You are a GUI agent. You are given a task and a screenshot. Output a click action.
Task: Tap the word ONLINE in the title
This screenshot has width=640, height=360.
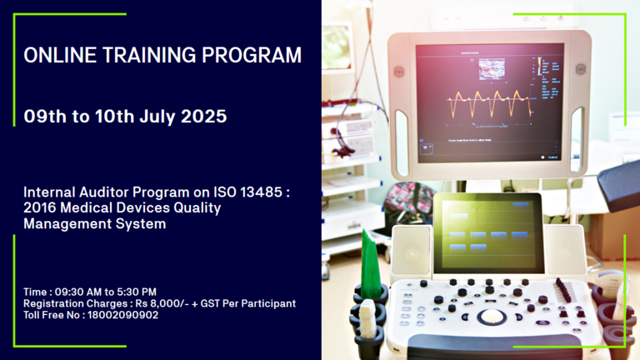(x=60, y=55)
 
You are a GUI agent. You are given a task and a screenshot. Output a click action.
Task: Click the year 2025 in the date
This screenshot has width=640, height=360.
(x=203, y=117)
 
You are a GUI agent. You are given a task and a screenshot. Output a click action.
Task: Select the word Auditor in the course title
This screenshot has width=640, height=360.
(x=104, y=192)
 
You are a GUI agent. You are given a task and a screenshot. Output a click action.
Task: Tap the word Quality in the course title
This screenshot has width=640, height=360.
(x=197, y=208)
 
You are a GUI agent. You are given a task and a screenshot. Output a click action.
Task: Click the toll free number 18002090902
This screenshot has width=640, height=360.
(x=122, y=315)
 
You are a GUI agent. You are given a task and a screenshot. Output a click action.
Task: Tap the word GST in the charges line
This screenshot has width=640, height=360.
(x=210, y=303)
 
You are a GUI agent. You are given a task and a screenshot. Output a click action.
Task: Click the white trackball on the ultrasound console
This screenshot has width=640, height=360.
(x=492, y=316)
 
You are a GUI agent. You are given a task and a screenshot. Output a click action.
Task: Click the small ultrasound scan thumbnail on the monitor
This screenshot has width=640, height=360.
(x=492, y=68)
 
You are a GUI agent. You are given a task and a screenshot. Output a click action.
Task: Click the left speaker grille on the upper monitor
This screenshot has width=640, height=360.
(x=399, y=72)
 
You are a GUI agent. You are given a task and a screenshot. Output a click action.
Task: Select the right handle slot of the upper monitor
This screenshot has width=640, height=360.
(x=577, y=139)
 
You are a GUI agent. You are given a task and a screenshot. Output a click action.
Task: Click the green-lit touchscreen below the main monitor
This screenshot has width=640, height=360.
(x=488, y=233)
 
